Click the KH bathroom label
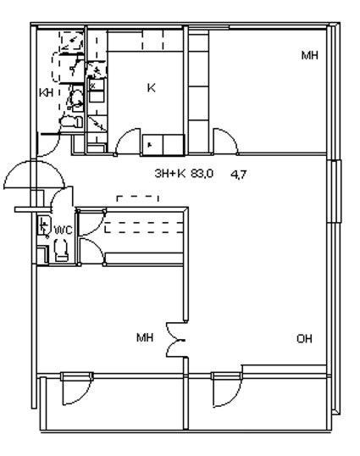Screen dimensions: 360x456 point(47,92)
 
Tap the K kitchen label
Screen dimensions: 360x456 point(151,87)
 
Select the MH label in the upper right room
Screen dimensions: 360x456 point(310,55)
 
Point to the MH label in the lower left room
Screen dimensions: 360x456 point(145,337)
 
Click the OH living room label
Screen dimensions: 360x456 point(304,339)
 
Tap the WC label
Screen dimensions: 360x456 point(64,230)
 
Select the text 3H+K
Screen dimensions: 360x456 point(170,174)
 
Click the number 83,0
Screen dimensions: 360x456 point(202,174)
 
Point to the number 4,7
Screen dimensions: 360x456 point(239,175)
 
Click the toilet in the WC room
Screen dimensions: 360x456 point(61,250)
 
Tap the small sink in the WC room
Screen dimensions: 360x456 point(44,225)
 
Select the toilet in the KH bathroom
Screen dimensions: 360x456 point(71,121)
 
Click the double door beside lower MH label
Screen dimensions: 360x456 point(175,340)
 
